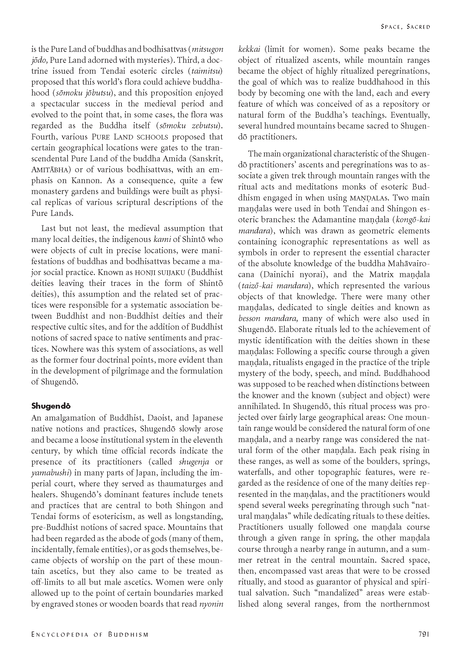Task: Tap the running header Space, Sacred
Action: coord(405,27)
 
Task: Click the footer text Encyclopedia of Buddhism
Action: coord(90,634)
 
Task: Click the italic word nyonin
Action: coord(211,604)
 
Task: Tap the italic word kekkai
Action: coord(250,49)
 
